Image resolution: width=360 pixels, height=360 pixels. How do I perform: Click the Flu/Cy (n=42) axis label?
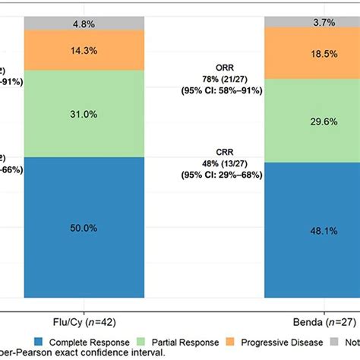pos(85,321)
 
